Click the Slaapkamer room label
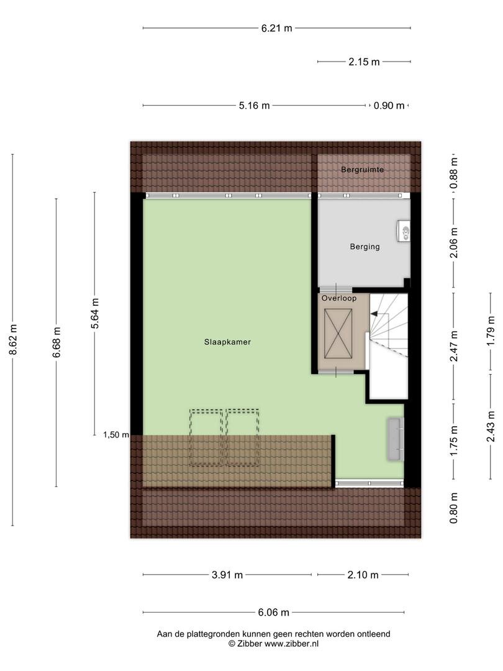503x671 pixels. tap(227, 342)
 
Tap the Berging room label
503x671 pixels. tap(365, 247)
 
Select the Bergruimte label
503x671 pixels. tap(362, 170)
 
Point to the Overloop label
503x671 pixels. tap(339, 298)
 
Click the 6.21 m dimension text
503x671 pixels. tap(277, 28)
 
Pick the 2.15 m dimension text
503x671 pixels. tap(364, 62)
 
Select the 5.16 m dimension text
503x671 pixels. tap(255, 105)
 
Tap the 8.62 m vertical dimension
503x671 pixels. tap(13, 339)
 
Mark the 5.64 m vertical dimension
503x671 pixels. tap(95, 313)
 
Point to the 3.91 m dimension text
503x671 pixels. tap(227, 575)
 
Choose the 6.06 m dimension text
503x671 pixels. tap(273, 613)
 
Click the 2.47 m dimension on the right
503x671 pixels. tap(454, 346)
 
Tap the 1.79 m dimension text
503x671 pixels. tap(491, 331)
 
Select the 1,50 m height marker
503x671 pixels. tap(116, 435)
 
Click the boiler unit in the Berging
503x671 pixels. tap(404, 231)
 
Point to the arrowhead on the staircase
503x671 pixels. tap(374, 314)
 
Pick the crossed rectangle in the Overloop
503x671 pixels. tap(338, 334)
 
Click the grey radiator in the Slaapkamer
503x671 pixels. tap(395, 439)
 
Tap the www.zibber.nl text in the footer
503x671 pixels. tap(291, 644)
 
